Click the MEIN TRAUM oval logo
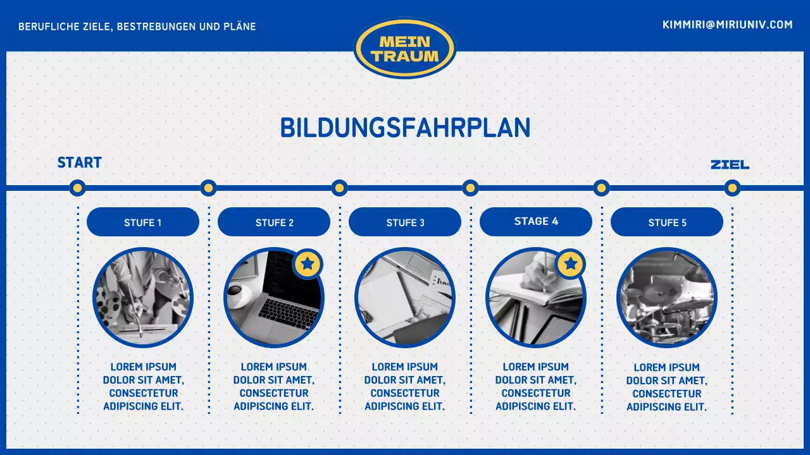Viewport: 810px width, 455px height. click(x=405, y=48)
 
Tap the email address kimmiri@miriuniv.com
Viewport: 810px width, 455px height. click(x=727, y=25)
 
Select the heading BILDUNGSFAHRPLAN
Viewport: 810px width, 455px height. click(x=405, y=128)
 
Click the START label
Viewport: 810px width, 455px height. click(x=79, y=162)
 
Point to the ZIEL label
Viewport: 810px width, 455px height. click(x=730, y=165)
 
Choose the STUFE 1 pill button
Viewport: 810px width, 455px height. click(x=143, y=222)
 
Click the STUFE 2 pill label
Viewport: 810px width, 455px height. click(x=274, y=222)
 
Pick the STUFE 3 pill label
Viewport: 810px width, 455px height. click(x=405, y=222)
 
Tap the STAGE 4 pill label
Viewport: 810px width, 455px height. click(x=536, y=221)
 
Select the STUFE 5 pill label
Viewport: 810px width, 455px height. click(x=667, y=222)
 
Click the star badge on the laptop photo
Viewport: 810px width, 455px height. click(x=308, y=264)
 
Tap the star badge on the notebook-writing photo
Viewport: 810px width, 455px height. click(x=571, y=264)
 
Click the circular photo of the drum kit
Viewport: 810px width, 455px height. click(x=667, y=298)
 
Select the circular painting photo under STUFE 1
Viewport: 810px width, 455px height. click(x=143, y=298)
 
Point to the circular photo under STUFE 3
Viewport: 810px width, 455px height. click(x=405, y=298)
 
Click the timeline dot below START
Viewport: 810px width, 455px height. click(x=77, y=188)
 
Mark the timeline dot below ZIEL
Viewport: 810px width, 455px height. click(x=732, y=188)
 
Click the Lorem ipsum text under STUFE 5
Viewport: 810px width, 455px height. click(x=667, y=387)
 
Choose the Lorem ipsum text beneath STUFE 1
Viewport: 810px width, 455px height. click(x=143, y=387)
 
